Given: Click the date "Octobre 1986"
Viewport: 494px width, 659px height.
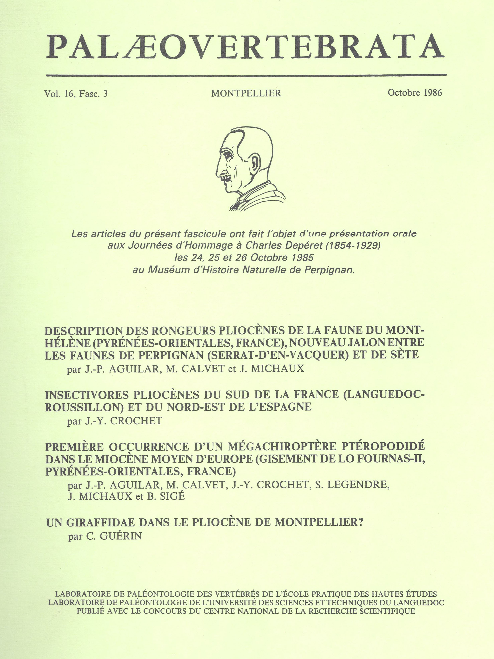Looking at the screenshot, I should coord(415,93).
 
